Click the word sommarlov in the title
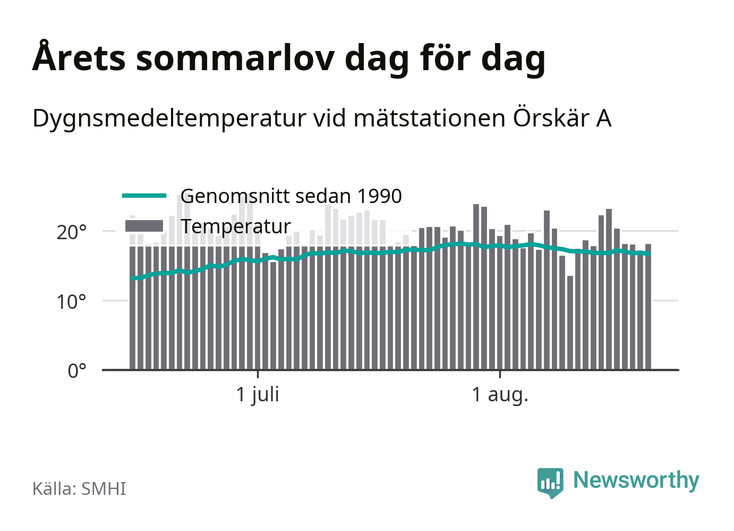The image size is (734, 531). [x=235, y=58]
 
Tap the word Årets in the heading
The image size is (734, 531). [x=79, y=56]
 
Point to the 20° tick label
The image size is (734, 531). [x=71, y=232]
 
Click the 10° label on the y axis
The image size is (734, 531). [x=71, y=302]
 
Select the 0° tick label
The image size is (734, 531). [x=77, y=371]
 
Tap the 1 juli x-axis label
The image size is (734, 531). [x=258, y=394]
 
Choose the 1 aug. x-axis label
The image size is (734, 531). [x=500, y=394]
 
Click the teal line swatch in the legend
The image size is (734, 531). [x=144, y=196]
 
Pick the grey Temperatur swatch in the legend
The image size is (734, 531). [x=144, y=226]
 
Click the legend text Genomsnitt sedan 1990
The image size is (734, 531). [x=291, y=196]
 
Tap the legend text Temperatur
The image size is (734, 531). [x=236, y=226]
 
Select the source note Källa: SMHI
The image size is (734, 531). [x=79, y=488]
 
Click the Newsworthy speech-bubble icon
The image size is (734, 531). [x=550, y=483]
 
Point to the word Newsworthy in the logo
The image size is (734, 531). [x=636, y=481]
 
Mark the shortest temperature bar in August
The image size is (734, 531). [x=570, y=323]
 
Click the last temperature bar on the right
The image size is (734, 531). [x=648, y=307]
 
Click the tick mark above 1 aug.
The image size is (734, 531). [x=500, y=374]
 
